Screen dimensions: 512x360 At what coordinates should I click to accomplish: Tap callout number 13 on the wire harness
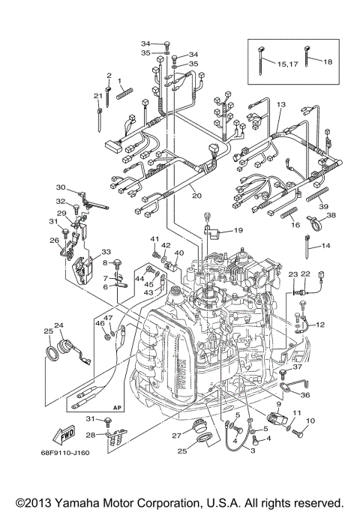(280, 105)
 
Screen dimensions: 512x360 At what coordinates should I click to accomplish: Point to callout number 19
(237, 230)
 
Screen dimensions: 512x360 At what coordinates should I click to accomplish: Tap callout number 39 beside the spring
(323, 206)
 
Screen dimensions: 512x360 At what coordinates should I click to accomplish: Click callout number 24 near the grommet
(58, 325)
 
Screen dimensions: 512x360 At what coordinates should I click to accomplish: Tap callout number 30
(61, 187)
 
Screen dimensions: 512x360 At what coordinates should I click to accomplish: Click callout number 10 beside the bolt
(310, 421)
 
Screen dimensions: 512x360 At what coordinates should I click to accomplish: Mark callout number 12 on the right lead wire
(319, 324)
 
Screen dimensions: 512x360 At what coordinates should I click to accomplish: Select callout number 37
(298, 367)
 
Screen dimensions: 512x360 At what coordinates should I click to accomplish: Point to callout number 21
(97, 95)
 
